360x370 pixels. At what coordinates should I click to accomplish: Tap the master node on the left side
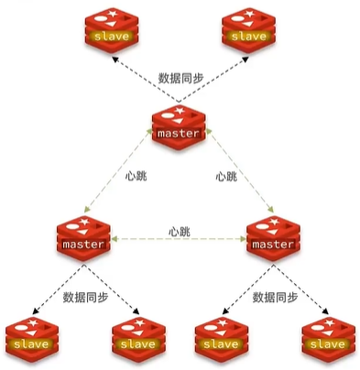(x=82, y=240)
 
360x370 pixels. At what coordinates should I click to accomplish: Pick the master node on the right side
(x=272, y=240)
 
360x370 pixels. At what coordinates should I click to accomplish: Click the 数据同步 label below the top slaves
(x=179, y=77)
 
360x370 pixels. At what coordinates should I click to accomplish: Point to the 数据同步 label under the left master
(x=85, y=298)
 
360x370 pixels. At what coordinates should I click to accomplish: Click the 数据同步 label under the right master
(x=275, y=298)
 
